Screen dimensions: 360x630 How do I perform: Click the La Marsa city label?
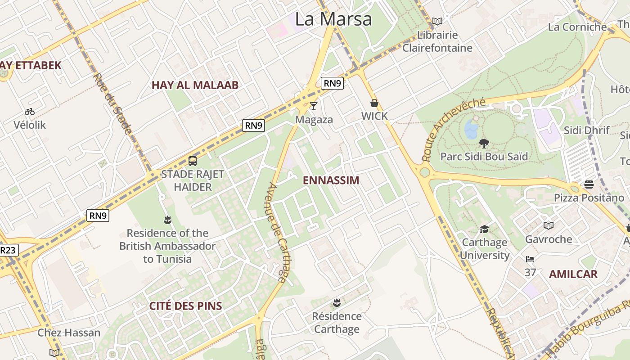tap(333, 19)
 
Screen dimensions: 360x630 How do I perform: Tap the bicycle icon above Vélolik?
tap(30, 112)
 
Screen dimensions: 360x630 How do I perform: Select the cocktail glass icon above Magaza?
tap(314, 106)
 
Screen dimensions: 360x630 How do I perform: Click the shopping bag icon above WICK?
tap(374, 103)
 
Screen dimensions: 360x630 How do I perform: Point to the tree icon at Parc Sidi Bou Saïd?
tap(484, 144)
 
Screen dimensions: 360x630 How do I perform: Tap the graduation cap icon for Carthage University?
tap(484, 229)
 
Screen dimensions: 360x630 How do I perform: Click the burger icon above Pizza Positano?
tap(589, 184)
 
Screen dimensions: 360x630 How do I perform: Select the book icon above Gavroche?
tap(548, 225)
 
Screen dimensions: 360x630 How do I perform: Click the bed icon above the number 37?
tap(530, 259)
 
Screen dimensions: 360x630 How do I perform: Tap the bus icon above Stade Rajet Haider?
tap(193, 161)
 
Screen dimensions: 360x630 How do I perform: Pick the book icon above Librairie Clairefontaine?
tap(437, 21)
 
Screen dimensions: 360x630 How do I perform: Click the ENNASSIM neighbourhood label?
tap(331, 180)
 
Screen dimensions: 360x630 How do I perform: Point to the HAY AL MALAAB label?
tap(195, 85)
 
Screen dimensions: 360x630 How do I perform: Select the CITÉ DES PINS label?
tap(185, 306)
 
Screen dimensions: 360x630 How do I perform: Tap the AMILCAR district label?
tap(573, 274)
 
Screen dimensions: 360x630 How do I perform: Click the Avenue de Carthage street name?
tap(277, 232)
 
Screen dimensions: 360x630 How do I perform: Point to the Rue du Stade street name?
tap(112, 103)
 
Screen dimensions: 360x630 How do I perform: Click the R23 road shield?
tap(8, 250)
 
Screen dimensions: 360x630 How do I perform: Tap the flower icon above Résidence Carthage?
tap(337, 302)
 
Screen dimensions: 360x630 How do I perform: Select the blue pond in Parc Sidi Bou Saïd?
tap(471, 129)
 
